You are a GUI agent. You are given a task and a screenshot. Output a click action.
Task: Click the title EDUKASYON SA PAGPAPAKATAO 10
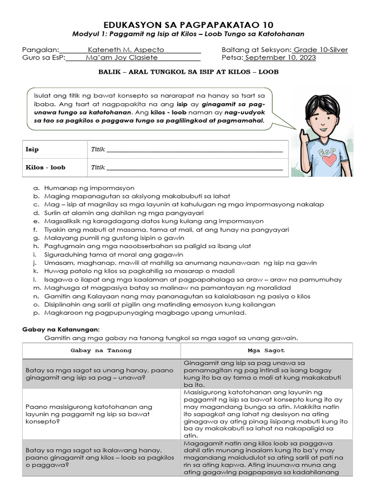(x=188, y=25)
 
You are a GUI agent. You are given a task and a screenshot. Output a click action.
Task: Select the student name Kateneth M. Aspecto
(x=126, y=50)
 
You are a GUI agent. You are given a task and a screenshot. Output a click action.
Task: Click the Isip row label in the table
(x=32, y=149)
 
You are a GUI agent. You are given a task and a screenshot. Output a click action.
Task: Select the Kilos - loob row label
(x=45, y=168)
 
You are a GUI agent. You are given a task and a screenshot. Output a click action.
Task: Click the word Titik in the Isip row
(x=98, y=149)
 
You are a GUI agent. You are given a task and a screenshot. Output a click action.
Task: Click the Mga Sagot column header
(x=266, y=351)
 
